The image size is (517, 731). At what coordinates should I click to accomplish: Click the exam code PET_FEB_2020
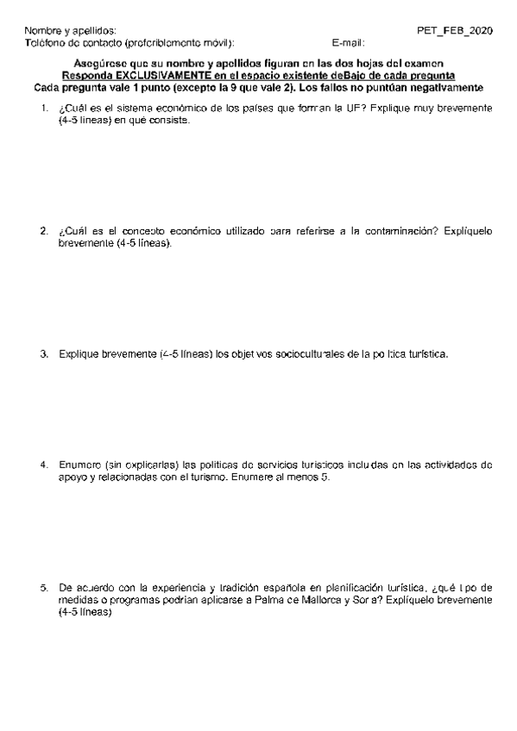(455, 30)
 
